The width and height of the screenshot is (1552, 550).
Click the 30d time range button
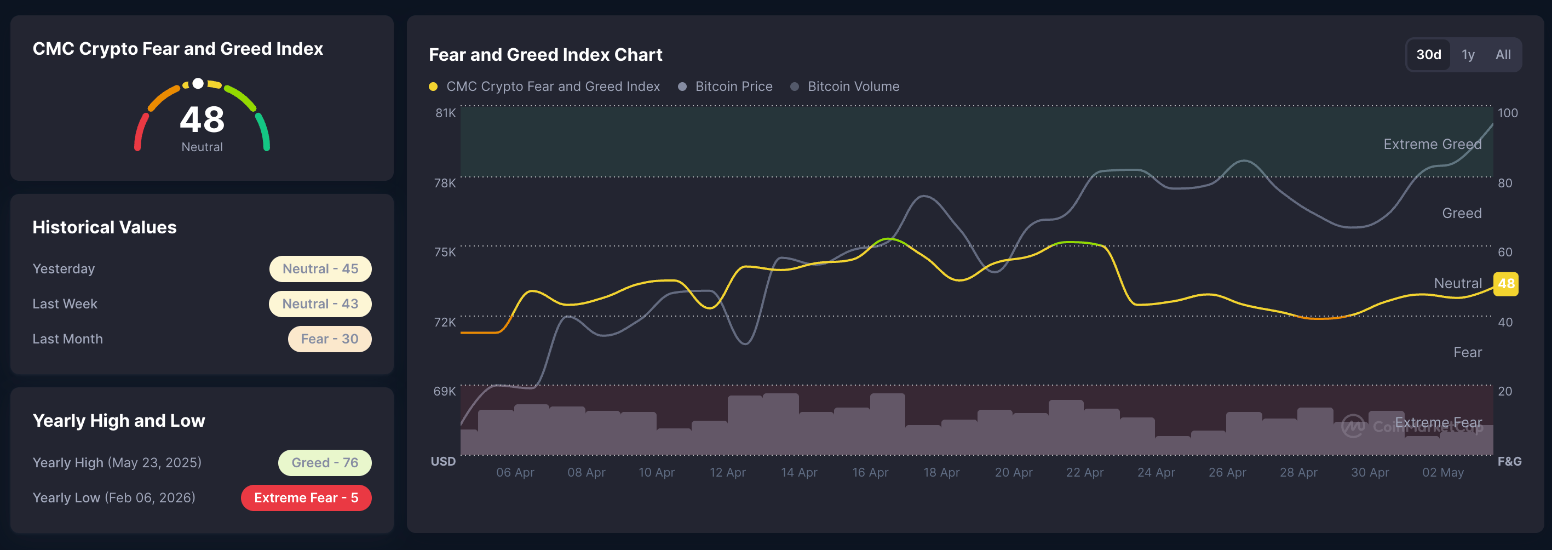click(1428, 55)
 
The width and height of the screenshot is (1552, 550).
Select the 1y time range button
click(1468, 55)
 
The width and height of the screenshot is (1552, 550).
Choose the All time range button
click(1503, 55)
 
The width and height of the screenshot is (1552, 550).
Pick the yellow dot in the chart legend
click(433, 87)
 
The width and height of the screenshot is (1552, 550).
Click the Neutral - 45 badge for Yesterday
click(320, 268)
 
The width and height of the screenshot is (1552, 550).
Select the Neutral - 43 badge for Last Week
click(320, 303)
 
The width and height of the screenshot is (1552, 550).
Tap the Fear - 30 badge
click(330, 339)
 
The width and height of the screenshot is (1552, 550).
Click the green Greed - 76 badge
click(325, 463)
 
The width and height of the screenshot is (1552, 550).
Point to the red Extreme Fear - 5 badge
click(306, 498)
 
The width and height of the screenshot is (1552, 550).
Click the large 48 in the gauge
click(203, 119)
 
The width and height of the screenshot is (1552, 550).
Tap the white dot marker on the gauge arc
click(198, 84)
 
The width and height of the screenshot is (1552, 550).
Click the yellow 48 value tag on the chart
click(1505, 284)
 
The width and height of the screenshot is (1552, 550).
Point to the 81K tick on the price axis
click(446, 113)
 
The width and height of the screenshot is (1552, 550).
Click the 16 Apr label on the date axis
click(871, 473)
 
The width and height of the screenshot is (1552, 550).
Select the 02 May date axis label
click(1443, 473)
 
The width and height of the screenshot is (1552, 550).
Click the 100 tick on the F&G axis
click(1508, 113)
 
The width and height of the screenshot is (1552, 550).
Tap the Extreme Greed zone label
click(1433, 145)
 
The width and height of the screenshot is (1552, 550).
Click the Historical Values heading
click(105, 227)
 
